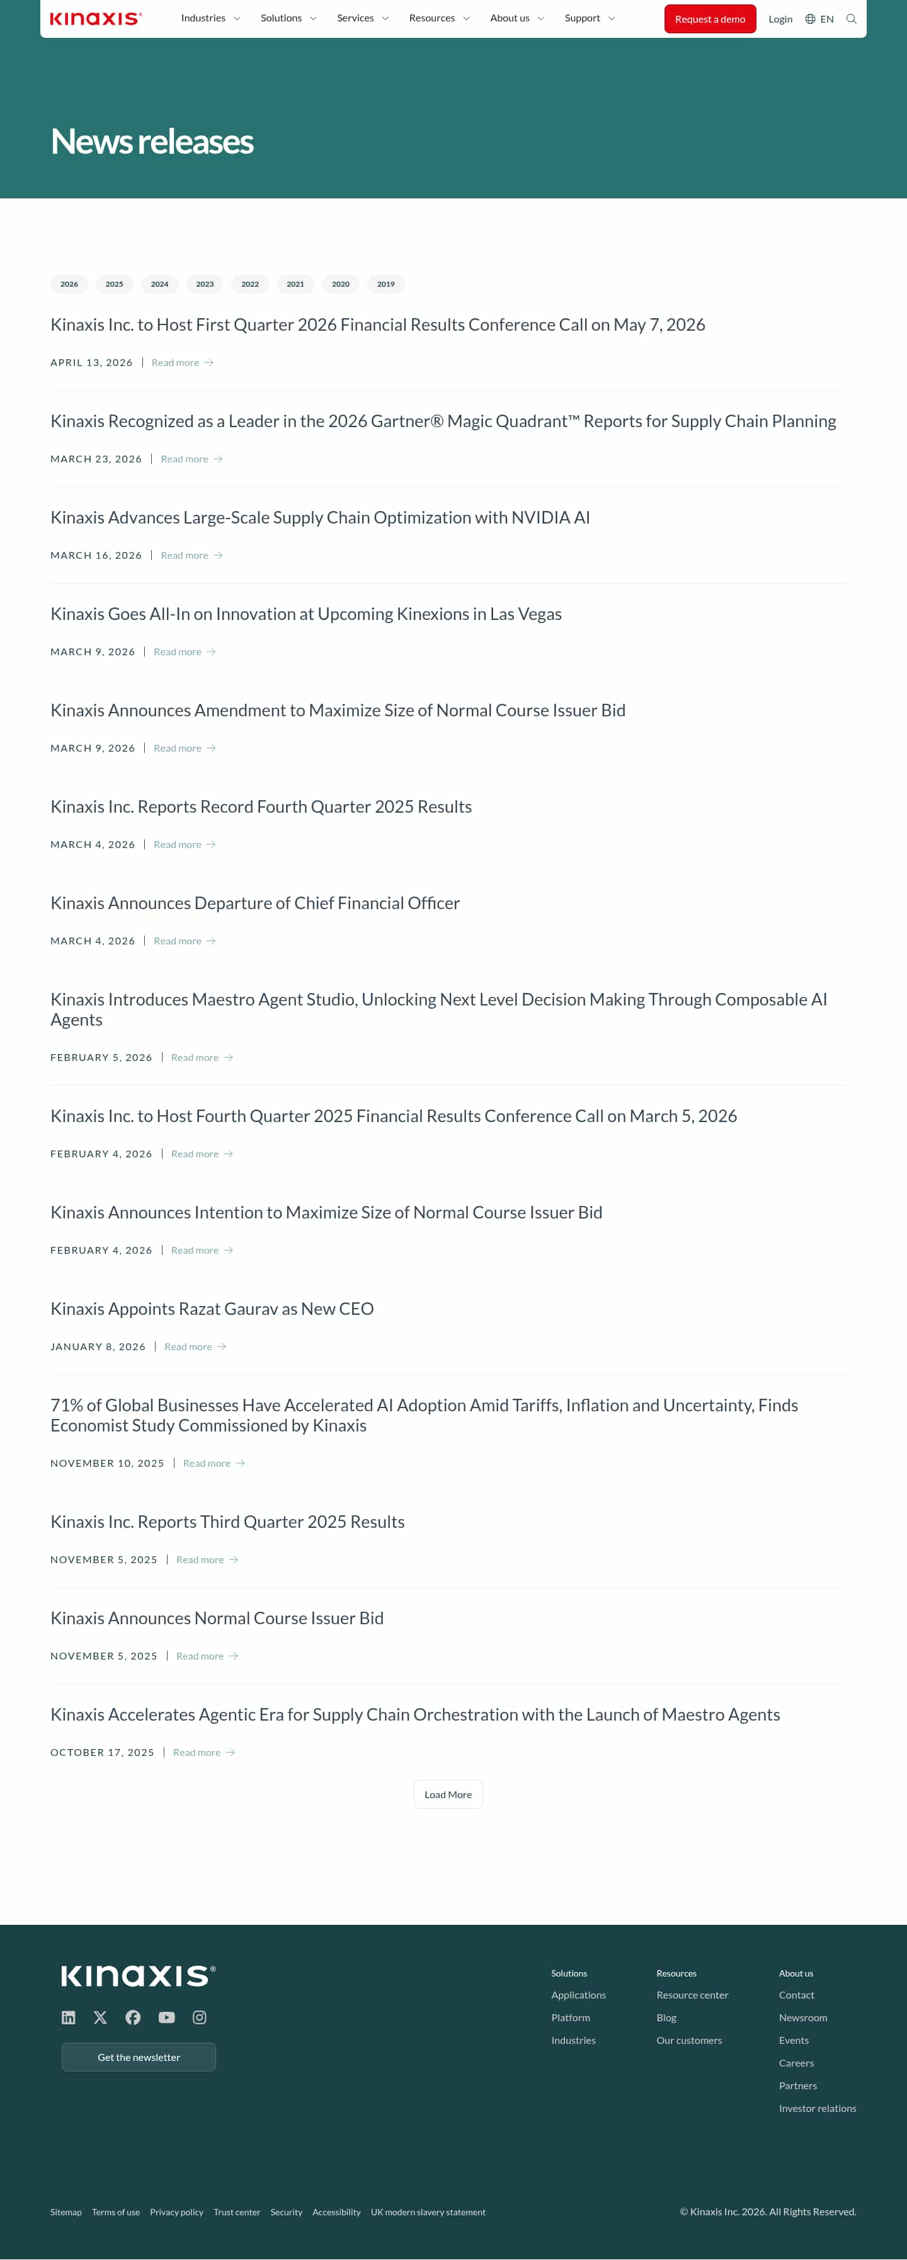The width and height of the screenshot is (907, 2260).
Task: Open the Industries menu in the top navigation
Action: coord(210,18)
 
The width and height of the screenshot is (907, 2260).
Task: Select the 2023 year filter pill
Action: coord(204,284)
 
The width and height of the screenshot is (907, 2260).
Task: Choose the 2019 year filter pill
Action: coord(385,284)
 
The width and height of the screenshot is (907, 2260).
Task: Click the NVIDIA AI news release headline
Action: coord(319,518)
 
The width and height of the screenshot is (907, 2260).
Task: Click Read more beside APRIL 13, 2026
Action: coord(181,363)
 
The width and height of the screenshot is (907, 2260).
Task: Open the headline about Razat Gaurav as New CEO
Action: coord(212,1309)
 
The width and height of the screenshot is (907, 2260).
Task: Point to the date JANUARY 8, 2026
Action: coord(98,1346)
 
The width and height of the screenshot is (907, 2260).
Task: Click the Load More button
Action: coord(447,1794)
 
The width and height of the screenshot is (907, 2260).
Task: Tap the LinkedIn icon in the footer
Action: coord(69,2017)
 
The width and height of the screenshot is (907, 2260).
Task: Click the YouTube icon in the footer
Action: coord(166,2017)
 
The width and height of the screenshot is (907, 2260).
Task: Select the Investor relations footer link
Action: coord(817,2108)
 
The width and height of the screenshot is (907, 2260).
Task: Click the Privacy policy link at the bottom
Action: coord(176,2211)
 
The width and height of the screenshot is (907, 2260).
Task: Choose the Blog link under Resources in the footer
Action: coord(666,2018)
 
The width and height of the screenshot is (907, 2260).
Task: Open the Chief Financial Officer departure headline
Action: coord(254,903)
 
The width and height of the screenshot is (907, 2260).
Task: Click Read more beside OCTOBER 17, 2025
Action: coord(203,1752)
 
